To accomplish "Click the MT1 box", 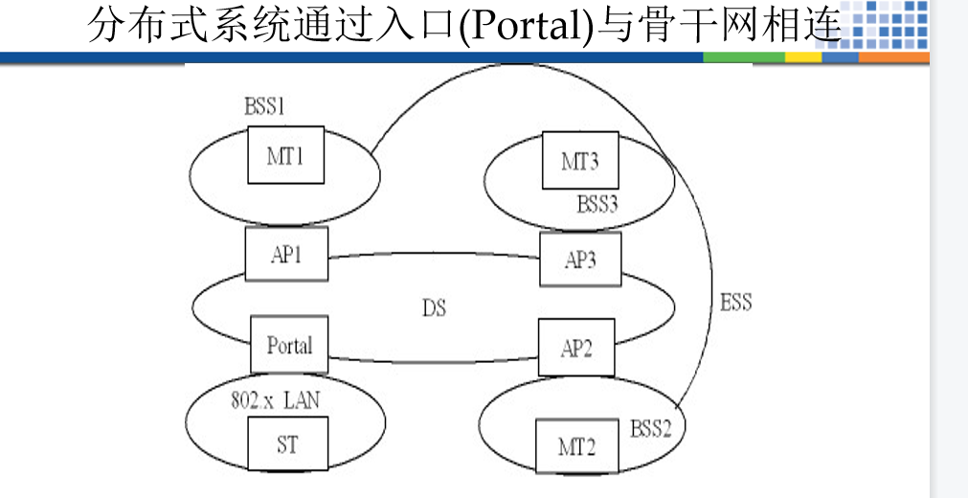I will pyautogui.click(x=285, y=155).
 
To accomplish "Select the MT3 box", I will pyautogui.click(x=579, y=161).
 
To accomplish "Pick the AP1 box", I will pyautogui.click(x=286, y=254).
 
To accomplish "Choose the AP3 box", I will pyautogui.click(x=580, y=259).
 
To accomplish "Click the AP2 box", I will pyautogui.click(x=575, y=348).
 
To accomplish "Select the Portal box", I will pyautogui.click(x=289, y=345).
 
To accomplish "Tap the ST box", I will pyautogui.click(x=286, y=444).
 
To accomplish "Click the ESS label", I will pyautogui.click(x=735, y=304).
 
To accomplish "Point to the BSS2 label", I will pyautogui.click(x=651, y=427).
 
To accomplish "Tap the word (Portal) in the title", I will pyautogui.click(x=528, y=26).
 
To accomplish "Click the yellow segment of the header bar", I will pyautogui.click(x=802, y=57).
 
